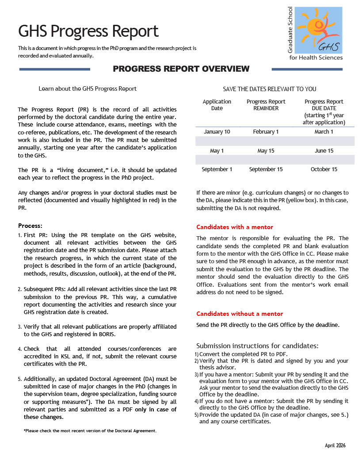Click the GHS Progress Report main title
click(x=88, y=31)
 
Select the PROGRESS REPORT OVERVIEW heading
click(x=181, y=69)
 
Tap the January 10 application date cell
click(x=217, y=132)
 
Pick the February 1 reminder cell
click(x=266, y=132)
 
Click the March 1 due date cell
click(x=324, y=132)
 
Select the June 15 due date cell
click(x=324, y=151)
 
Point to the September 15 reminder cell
click(x=266, y=169)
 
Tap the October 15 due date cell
click(x=324, y=169)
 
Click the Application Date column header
click(x=217, y=105)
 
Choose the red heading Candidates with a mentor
click(x=235, y=227)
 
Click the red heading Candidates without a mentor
click(x=240, y=314)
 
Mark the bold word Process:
click(x=30, y=226)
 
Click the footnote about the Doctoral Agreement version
click(x=90, y=430)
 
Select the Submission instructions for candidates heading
click(x=257, y=346)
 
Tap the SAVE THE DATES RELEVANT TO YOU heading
click(x=270, y=89)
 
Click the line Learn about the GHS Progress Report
click(x=88, y=88)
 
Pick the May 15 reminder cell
click(x=266, y=151)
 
